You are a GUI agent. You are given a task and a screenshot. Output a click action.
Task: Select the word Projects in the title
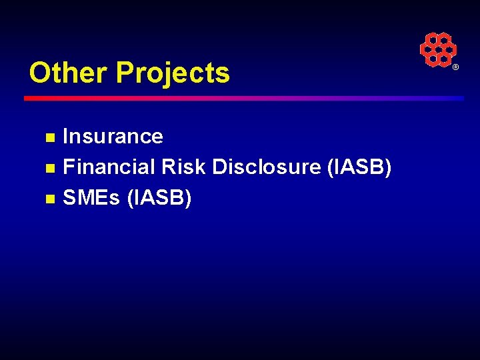tap(173, 73)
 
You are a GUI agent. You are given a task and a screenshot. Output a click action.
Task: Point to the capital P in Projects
tap(125, 73)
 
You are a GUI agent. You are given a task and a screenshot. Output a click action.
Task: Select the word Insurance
tap(113, 137)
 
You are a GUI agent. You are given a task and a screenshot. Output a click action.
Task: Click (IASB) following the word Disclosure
tap(359, 167)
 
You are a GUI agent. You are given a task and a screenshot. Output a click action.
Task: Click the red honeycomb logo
tap(437, 49)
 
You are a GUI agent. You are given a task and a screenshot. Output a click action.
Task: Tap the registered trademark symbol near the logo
tap(456, 68)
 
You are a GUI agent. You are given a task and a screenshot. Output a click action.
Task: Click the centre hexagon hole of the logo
tap(437, 49)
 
